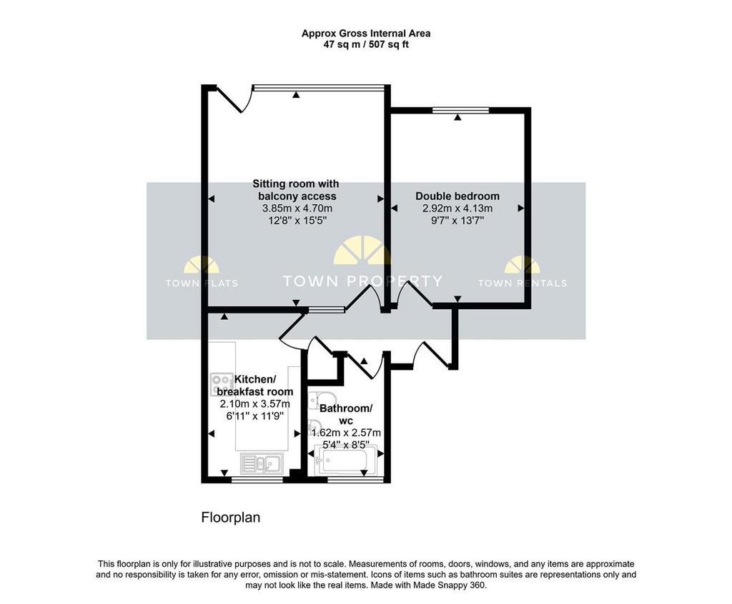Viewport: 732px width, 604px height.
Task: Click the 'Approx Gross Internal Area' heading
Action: [x=366, y=34]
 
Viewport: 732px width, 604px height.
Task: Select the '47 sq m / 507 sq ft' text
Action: [x=366, y=45]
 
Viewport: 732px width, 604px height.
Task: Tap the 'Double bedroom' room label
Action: [x=457, y=196]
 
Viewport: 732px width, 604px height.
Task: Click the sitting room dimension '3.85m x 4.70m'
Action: [x=297, y=208]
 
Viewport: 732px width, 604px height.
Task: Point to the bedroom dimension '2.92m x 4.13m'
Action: [x=457, y=208]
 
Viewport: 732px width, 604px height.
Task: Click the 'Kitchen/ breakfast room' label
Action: [x=255, y=386]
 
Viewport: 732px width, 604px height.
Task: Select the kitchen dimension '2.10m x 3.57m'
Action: [x=255, y=403]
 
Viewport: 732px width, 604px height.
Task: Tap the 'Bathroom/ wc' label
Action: [x=346, y=414]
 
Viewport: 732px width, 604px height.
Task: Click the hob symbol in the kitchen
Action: [x=222, y=385]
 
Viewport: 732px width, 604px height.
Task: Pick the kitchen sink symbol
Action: [x=262, y=463]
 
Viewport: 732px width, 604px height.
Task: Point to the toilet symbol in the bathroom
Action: [x=322, y=401]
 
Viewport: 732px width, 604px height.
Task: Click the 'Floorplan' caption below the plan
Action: [x=231, y=517]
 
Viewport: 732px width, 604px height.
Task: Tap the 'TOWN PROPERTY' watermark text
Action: [x=362, y=281]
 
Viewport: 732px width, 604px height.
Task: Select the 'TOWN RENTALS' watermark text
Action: [x=523, y=283]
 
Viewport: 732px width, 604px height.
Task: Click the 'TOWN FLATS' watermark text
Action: [x=202, y=283]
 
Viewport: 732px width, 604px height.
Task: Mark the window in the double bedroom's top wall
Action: [x=461, y=111]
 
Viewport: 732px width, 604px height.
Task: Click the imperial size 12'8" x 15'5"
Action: [x=297, y=220]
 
